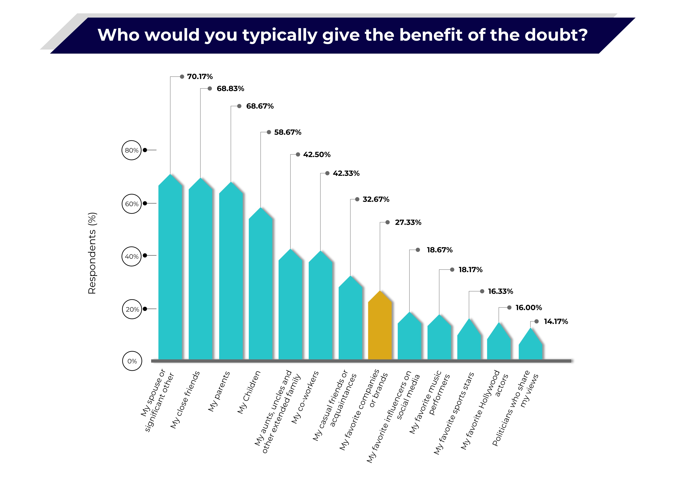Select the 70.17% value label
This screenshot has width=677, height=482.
[x=200, y=77]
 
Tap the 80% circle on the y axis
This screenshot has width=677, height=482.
[x=132, y=150]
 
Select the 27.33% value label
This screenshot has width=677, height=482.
[x=408, y=222]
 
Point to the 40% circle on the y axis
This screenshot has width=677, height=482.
[x=132, y=256]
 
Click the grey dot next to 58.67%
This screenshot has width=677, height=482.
[x=269, y=132]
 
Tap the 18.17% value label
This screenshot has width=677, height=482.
[x=470, y=269]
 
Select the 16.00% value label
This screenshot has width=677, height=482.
[x=529, y=307]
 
